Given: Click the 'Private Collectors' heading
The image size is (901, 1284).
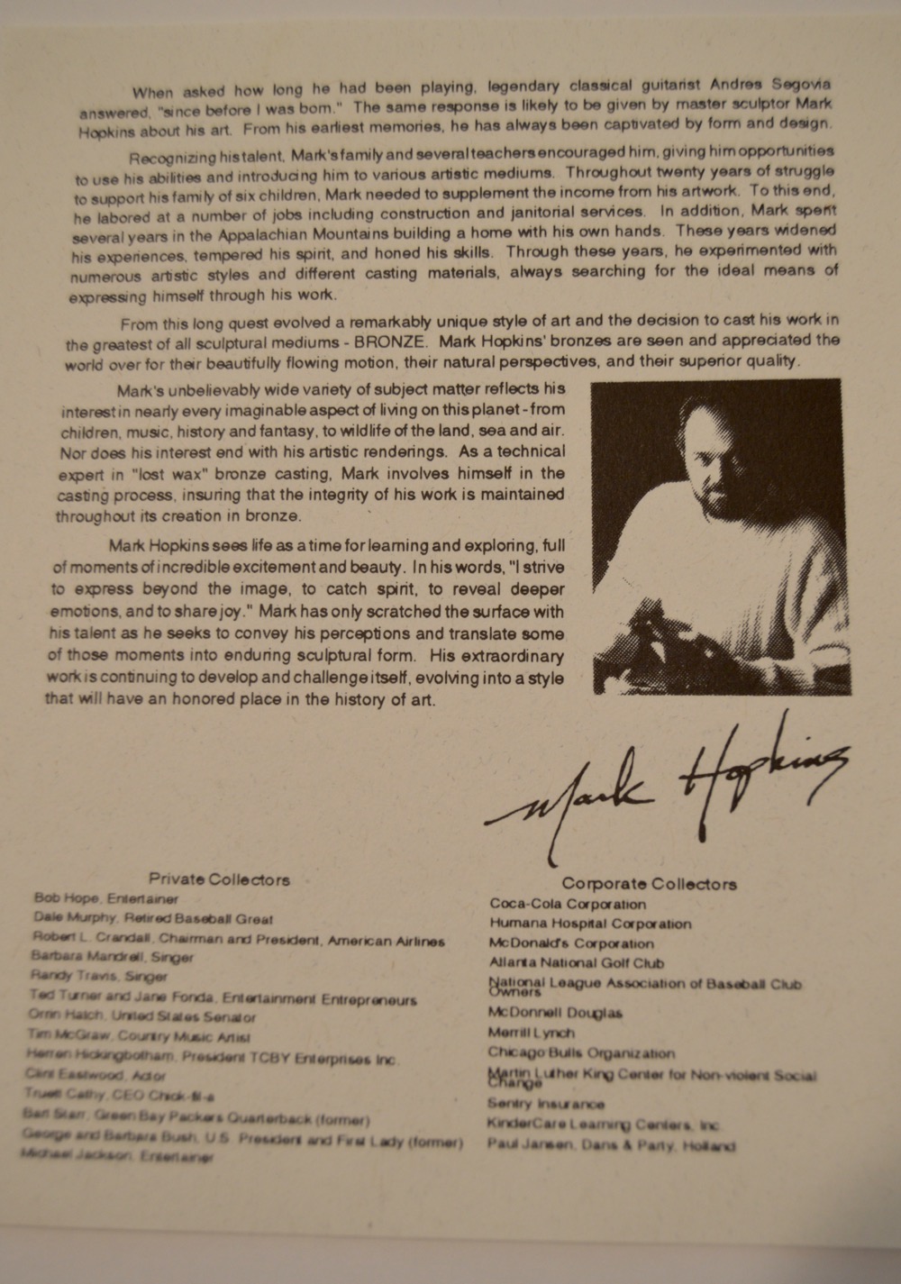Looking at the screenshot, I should pyautogui.click(x=219, y=879).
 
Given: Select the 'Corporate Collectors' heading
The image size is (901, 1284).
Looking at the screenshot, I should pyautogui.click(x=649, y=884).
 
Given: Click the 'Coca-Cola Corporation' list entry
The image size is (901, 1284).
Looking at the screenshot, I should pyautogui.click(x=568, y=904).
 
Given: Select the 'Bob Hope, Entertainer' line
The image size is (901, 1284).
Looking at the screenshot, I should pyautogui.click(x=106, y=898).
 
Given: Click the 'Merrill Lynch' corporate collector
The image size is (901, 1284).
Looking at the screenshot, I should pyautogui.click(x=531, y=1033).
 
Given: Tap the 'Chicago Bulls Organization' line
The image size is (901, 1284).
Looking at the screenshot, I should pyautogui.click(x=580, y=1052).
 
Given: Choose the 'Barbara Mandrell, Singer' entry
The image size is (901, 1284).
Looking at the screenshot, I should pyautogui.click(x=112, y=956).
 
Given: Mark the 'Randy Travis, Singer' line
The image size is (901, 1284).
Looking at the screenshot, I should pyautogui.click(x=99, y=976).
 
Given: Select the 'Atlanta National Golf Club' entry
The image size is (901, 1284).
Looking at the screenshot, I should pyautogui.click(x=577, y=962).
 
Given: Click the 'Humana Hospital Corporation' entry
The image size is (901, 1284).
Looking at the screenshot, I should pyautogui.click(x=590, y=924).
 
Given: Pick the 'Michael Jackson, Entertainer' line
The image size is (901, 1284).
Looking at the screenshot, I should pyautogui.click(x=117, y=1157).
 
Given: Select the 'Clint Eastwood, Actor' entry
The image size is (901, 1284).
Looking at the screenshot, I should pyautogui.click(x=96, y=1075).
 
